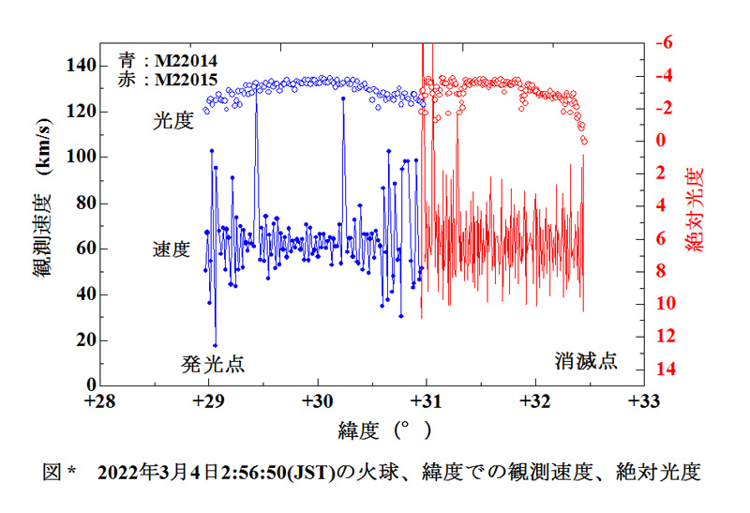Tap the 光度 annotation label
click(172, 121)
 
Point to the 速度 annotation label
click(172, 250)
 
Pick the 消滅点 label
click(586, 361)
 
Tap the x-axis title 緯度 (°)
click(384, 431)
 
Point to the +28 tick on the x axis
click(99, 402)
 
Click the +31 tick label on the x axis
click(426, 402)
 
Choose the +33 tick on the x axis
click(643, 402)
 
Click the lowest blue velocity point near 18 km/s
click(215, 345)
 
